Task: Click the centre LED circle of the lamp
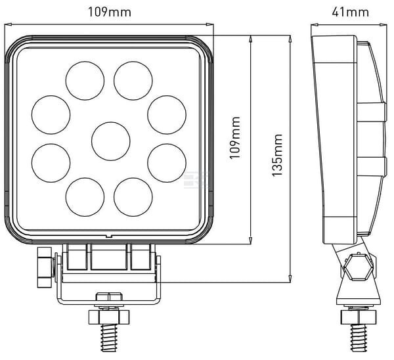coord(111,141)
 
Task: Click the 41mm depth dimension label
coord(350,12)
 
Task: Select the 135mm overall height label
coord(278,155)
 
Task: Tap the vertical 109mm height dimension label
coord(235,138)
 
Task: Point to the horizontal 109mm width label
coord(109,12)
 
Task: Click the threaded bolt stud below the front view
coord(109,338)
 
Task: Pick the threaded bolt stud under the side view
coord(359,338)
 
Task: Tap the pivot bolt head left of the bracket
coord(45,267)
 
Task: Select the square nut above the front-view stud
coord(109,317)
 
